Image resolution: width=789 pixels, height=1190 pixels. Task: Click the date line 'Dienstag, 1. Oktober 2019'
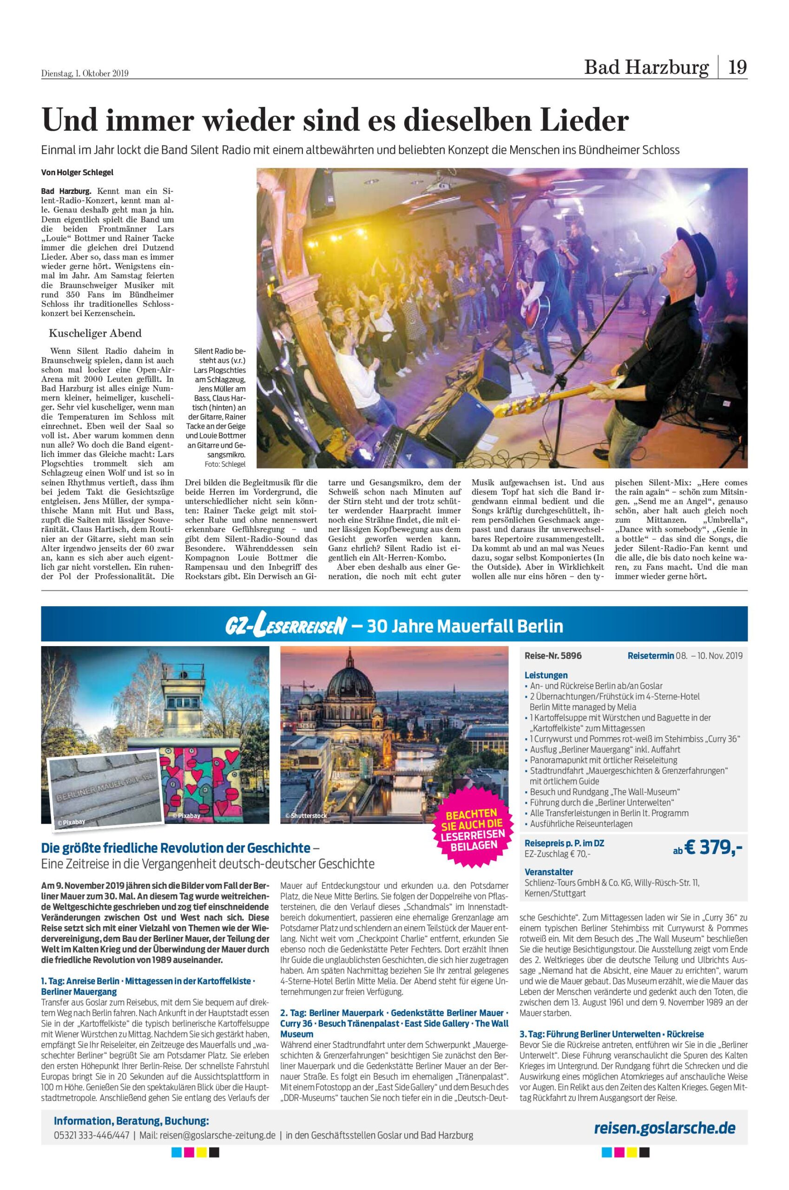click(85, 73)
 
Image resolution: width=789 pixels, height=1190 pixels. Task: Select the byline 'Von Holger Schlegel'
click(77, 172)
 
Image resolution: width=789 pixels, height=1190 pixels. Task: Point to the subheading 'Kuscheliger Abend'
click(95, 333)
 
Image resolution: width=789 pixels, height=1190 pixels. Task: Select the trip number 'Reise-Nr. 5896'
click(553, 655)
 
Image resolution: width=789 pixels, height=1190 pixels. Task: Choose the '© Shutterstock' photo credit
click(306, 816)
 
